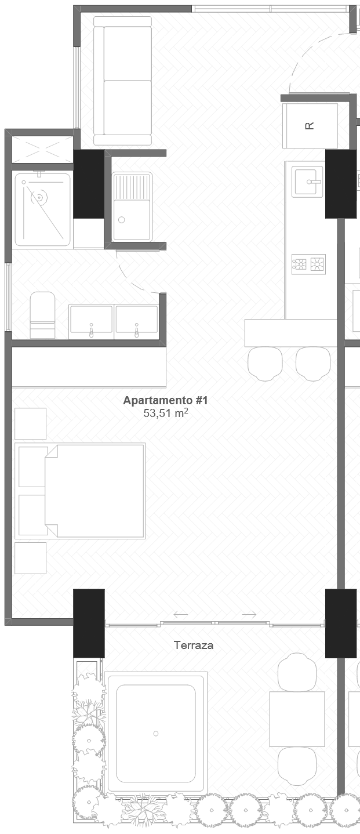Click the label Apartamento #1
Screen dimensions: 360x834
tap(165, 401)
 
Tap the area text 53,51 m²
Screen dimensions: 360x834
tap(166, 413)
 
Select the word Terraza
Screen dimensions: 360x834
tap(194, 646)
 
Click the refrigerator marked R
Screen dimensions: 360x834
tap(310, 126)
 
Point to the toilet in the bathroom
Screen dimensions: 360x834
tap(42, 315)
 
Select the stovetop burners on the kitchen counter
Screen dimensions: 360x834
tap(308, 264)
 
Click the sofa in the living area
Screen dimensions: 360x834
tap(122, 81)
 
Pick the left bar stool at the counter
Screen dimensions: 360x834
tap(265, 364)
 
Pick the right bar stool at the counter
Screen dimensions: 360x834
tap(313, 364)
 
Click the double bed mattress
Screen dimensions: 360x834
tap(94, 491)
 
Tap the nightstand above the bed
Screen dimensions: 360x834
tap(31, 424)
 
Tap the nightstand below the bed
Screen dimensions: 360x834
tap(31, 558)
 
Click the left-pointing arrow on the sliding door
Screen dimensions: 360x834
tap(180, 614)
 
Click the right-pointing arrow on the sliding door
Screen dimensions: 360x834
tap(249, 614)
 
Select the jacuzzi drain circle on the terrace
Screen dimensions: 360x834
tap(156, 734)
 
